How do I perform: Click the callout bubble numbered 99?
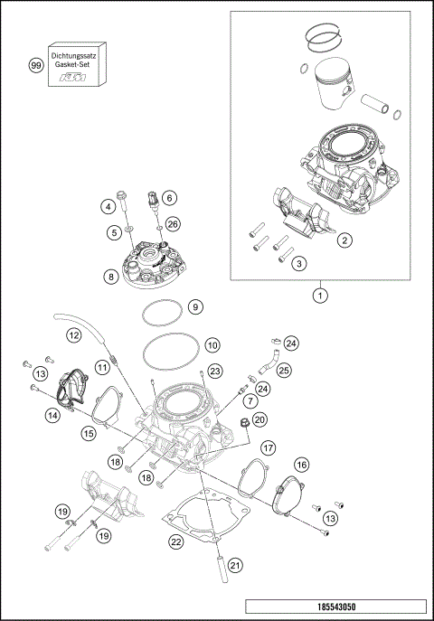(36, 67)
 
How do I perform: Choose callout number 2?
(344, 240)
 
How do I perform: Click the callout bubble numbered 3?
(298, 263)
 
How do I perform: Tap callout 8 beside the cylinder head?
(109, 277)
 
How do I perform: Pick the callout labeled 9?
(193, 307)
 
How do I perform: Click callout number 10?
(212, 344)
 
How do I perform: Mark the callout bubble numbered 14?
(53, 415)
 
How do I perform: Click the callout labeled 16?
(301, 464)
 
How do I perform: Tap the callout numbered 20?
(259, 419)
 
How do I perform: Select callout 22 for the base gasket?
(177, 541)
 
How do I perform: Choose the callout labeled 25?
(284, 370)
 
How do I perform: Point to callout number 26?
(173, 223)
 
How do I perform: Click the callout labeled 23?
(213, 371)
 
